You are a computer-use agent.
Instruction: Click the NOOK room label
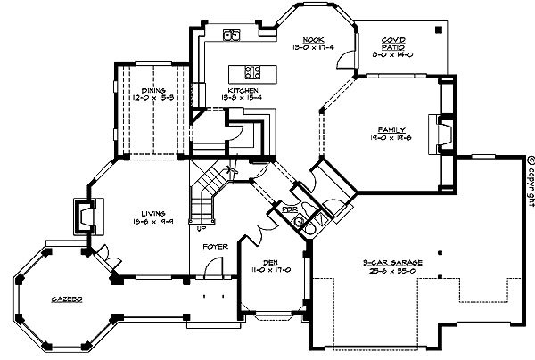(x=312, y=39)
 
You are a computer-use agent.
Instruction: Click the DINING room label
(x=152, y=89)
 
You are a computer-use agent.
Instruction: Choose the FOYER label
(x=214, y=245)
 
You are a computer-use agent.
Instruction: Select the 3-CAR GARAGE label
(x=387, y=262)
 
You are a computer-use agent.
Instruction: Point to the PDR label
(x=288, y=210)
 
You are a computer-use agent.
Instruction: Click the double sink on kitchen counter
(x=230, y=37)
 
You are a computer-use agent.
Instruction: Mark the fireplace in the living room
(x=83, y=216)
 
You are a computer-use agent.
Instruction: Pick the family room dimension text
(x=392, y=139)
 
